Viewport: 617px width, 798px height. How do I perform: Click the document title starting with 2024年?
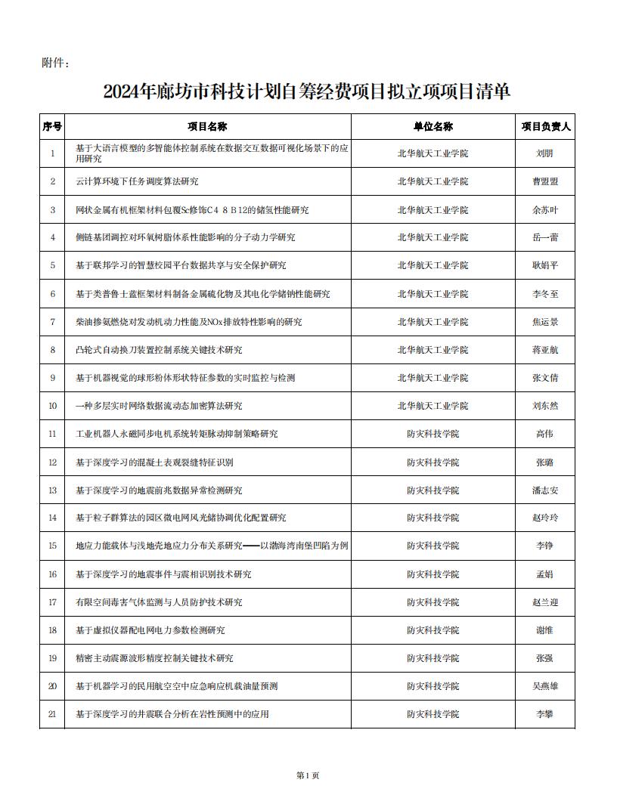click(x=307, y=92)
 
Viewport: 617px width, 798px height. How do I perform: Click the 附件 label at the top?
click(x=55, y=63)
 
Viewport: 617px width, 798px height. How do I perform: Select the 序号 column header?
click(x=52, y=126)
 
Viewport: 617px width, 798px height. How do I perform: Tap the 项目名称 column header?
click(x=207, y=126)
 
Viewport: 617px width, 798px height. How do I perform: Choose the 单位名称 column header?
click(x=433, y=126)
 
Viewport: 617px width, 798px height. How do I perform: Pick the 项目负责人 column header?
click(x=545, y=126)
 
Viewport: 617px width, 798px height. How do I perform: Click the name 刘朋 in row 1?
click(x=545, y=153)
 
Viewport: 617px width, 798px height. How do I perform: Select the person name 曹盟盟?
click(x=545, y=181)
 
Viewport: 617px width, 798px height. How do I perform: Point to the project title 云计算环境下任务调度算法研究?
click(x=137, y=181)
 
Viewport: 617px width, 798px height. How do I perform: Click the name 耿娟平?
click(x=545, y=265)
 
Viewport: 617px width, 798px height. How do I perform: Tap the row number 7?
click(x=52, y=322)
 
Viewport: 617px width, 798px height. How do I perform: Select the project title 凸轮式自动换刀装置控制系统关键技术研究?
click(x=159, y=350)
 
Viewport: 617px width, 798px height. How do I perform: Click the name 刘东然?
click(x=545, y=406)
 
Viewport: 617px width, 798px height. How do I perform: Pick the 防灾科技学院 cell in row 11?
click(x=433, y=434)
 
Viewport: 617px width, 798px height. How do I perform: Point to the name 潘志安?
click(x=545, y=490)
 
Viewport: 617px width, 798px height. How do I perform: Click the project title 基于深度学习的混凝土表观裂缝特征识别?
click(x=154, y=462)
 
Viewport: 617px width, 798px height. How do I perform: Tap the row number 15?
click(x=52, y=546)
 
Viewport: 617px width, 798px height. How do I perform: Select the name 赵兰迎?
click(x=545, y=602)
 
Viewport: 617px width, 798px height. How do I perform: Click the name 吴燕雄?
click(x=545, y=686)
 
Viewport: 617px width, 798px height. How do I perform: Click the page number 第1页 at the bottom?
click(x=308, y=775)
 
